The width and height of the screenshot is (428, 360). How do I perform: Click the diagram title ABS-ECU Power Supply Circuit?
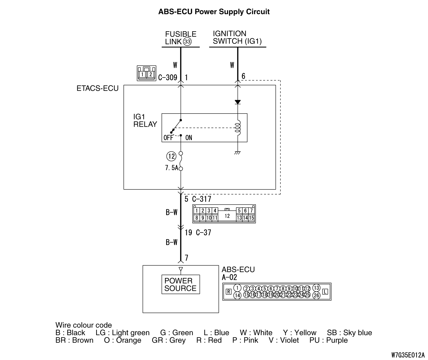tap(214, 12)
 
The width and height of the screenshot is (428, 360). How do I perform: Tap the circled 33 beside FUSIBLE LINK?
tap(188, 42)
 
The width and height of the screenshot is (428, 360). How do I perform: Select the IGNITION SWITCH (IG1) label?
tap(237, 37)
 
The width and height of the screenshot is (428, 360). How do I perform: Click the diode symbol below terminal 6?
tap(238, 102)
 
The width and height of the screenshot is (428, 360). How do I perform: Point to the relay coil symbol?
tap(238, 128)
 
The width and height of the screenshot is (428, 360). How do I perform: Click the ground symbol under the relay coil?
tap(238, 153)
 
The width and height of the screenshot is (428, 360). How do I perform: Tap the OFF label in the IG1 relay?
tap(168, 138)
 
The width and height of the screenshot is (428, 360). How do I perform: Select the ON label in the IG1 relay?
tap(189, 138)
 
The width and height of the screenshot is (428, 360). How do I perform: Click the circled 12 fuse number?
tap(171, 156)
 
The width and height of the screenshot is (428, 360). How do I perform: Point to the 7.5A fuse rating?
tap(171, 168)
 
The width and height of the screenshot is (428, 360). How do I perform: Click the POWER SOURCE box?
tap(181, 284)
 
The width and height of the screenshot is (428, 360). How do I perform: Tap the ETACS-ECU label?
tap(97, 88)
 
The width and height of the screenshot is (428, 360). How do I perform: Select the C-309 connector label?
tap(168, 77)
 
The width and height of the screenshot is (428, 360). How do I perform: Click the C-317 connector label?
tap(202, 199)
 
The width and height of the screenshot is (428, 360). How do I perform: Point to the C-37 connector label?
tap(204, 232)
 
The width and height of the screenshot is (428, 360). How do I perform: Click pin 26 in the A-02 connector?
tap(316, 296)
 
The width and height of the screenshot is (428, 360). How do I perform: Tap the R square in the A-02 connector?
tap(229, 292)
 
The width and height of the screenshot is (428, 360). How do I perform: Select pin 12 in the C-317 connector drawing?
tap(227, 216)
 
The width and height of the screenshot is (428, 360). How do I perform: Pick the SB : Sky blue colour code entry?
tap(349, 333)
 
